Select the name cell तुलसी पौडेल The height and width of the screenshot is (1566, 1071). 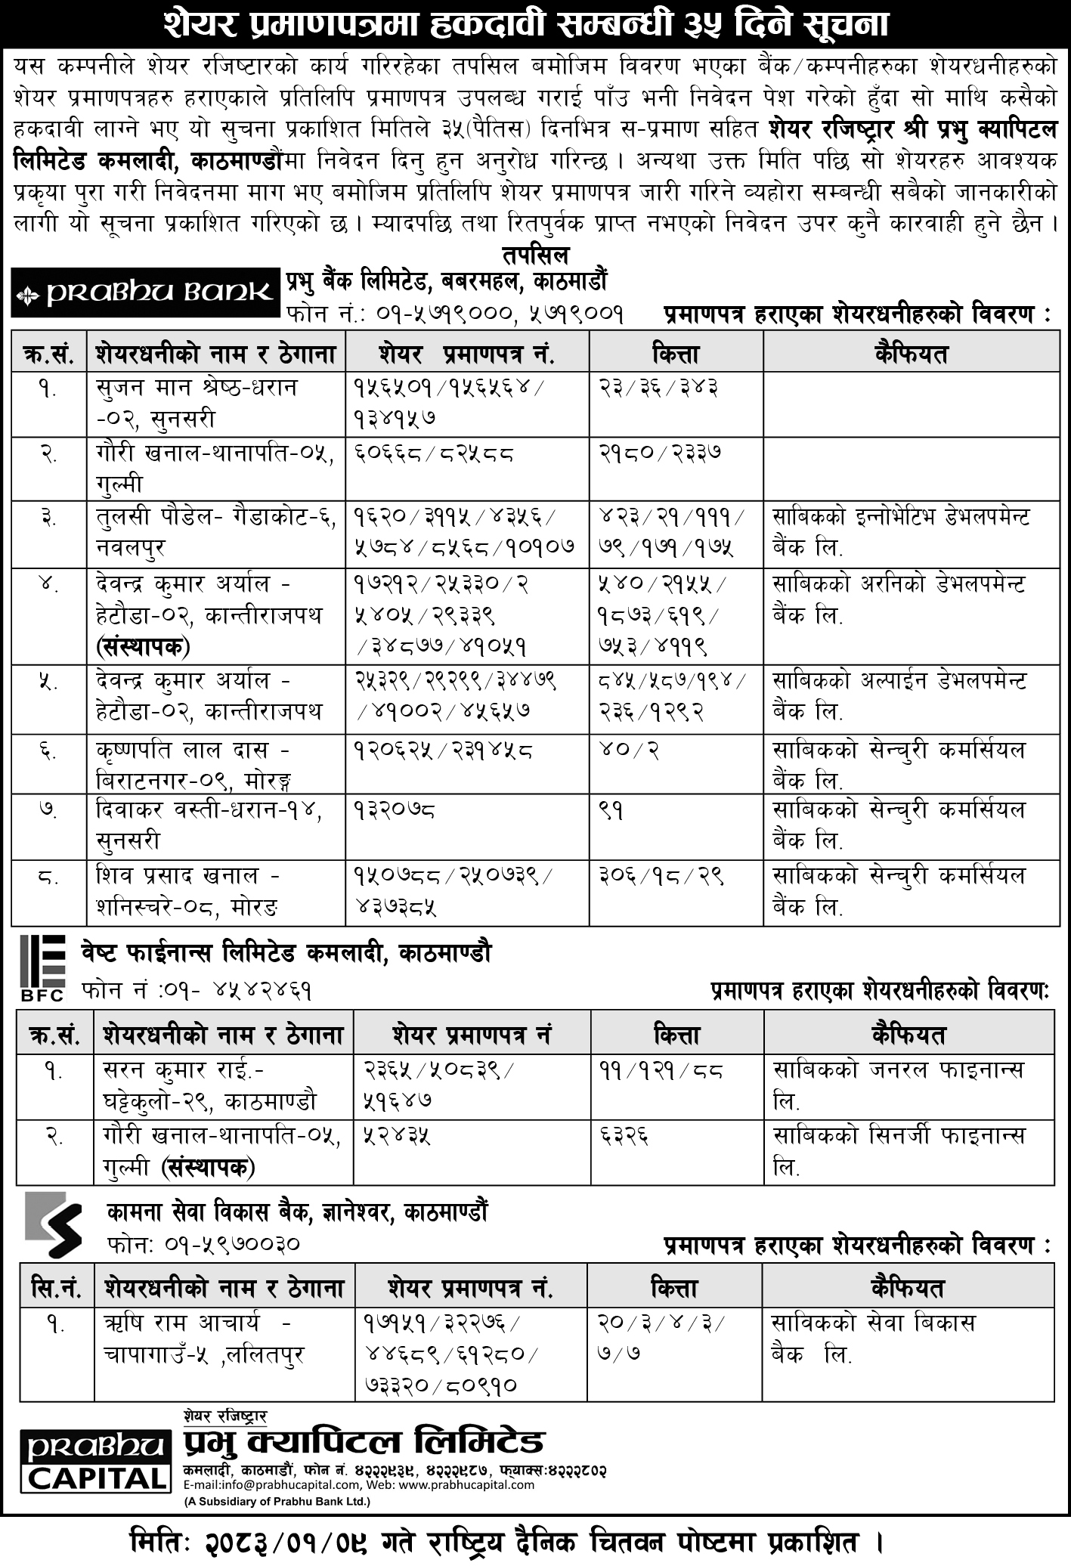(x=215, y=532)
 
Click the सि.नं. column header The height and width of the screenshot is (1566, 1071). (x=51, y=1287)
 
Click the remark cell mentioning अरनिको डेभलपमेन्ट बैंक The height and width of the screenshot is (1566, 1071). (x=899, y=599)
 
